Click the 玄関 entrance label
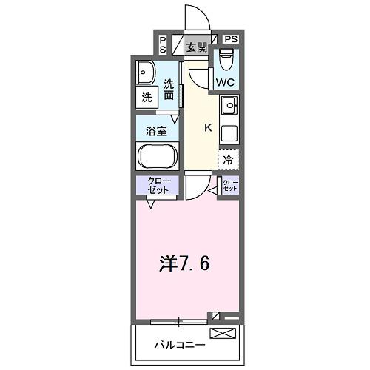pyautogui.click(x=196, y=48)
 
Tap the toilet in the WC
pyautogui.click(x=226, y=57)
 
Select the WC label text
pyautogui.click(x=226, y=82)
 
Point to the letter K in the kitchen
pyautogui.click(x=208, y=127)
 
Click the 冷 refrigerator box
pyautogui.click(x=229, y=159)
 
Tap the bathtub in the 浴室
pyautogui.click(x=156, y=157)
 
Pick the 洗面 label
pyautogui.click(x=169, y=90)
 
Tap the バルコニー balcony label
pyautogui.click(x=175, y=345)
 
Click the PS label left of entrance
pyautogui.click(x=163, y=44)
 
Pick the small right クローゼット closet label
pyautogui.click(x=231, y=186)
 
